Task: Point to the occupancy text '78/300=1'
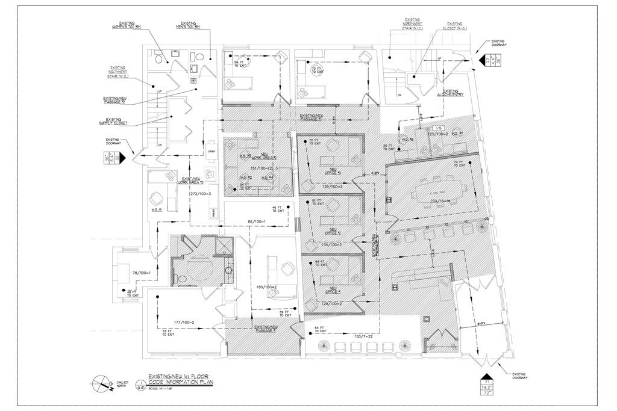[x=131, y=274]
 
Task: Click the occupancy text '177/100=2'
[x=184, y=322]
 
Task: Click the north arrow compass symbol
[x=100, y=382]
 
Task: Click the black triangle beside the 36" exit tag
[x=121, y=158]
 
